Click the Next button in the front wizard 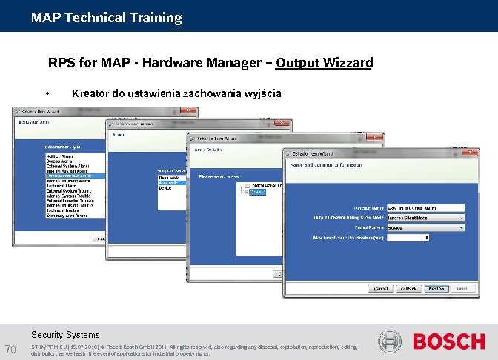coord(436,289)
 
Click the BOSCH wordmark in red coord(448,342)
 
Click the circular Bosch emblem coord(390,341)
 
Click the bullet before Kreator coord(47,94)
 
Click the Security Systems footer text coord(65,335)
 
